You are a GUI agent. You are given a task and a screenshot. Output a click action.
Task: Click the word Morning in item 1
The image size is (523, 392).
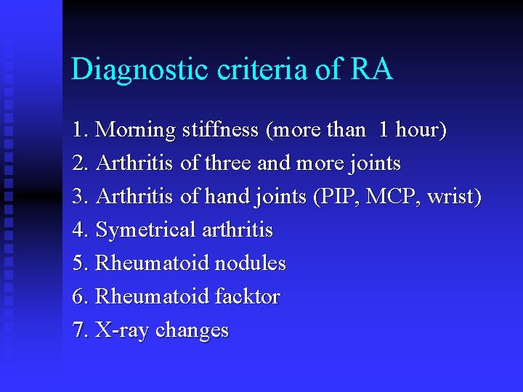point(136,131)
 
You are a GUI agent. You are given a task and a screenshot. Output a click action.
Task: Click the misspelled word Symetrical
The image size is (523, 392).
point(146,231)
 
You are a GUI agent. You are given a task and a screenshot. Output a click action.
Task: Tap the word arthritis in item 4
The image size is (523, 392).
point(238,231)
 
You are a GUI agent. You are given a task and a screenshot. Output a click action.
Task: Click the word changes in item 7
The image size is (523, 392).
point(192,331)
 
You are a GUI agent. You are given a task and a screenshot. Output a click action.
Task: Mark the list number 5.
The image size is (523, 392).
point(80,264)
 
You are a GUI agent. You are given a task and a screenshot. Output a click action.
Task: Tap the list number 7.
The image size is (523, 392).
point(80,330)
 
